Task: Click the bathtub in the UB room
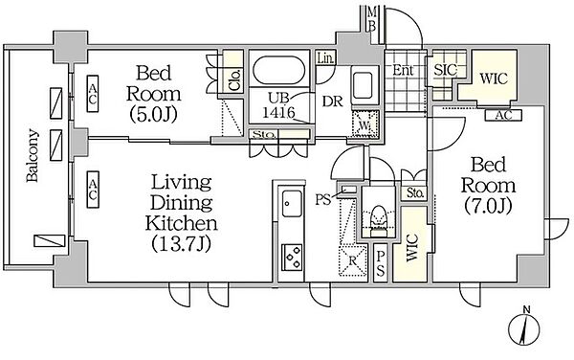coord(279,70)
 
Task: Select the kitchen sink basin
coord(292,203)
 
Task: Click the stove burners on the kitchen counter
coord(292,257)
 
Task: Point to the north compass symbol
coord(525,327)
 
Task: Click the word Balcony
coord(33,155)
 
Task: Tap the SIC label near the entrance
coord(445,70)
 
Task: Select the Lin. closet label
coord(325,57)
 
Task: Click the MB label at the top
coord(372,19)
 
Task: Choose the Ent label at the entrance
coord(403,70)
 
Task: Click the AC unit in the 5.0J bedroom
coord(93,94)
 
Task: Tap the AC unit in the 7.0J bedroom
coord(503,115)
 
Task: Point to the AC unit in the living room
coord(93,190)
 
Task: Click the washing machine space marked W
coord(364,124)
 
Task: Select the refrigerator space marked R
coord(352,260)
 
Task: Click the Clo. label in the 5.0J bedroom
coord(234,79)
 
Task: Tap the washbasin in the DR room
coord(363,85)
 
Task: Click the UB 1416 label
coord(278,105)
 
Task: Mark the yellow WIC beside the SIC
coord(494,79)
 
